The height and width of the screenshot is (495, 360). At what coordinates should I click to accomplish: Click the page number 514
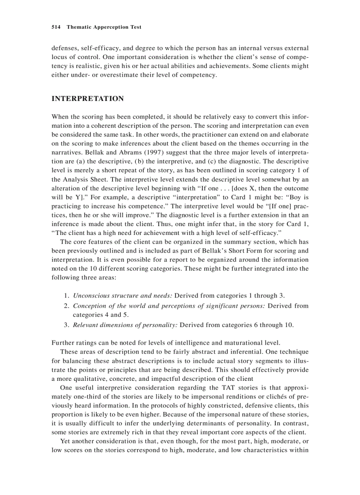point(56,27)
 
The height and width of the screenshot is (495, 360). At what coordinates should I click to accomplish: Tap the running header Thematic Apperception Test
point(104,27)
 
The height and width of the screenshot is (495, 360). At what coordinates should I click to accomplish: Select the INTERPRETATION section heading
point(88,99)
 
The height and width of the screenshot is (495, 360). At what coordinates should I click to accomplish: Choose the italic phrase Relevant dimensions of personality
point(125,325)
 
